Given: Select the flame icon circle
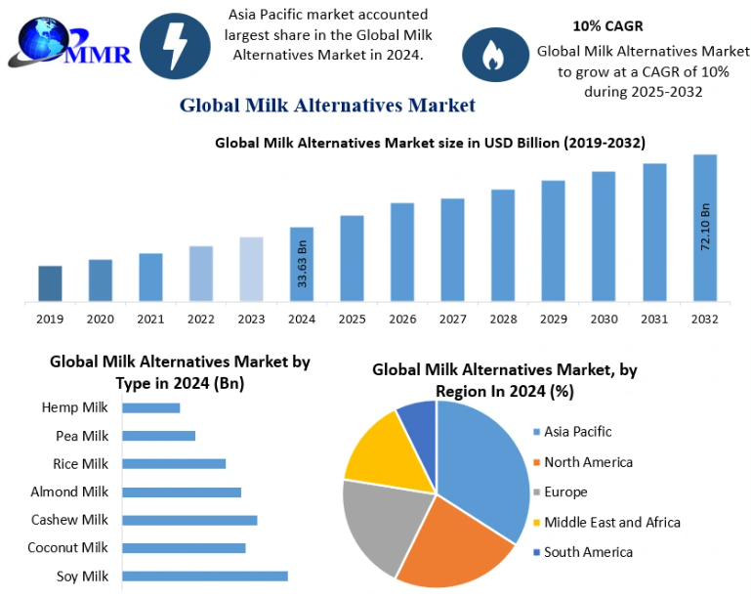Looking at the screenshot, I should point(494,55).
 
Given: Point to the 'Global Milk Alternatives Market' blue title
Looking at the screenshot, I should point(327,106).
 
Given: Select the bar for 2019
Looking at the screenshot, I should point(50,283).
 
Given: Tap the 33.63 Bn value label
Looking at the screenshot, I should point(302,264).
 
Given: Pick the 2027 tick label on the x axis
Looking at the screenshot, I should point(453,320).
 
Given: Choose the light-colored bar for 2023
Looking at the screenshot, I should point(251,269).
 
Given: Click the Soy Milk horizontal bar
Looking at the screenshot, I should point(205,576).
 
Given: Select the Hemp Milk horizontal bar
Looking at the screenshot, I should point(151,407).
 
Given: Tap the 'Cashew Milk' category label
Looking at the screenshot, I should point(69,520).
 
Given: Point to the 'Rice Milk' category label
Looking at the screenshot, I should point(81,464).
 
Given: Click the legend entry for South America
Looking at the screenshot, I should point(588,552).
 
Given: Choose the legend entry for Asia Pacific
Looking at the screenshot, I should point(577,431).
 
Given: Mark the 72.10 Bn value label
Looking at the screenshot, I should point(705,228).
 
